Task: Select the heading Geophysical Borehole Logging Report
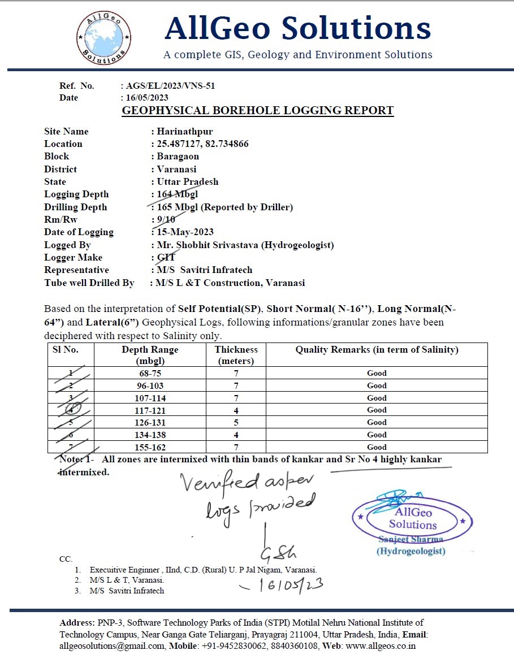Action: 258,110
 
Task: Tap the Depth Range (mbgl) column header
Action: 150,355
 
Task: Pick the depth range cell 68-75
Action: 150,373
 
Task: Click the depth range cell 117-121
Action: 150,410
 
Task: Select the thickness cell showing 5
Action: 236,422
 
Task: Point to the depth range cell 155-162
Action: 150,447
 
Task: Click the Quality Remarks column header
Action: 377,350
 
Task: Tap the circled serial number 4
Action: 71,409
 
